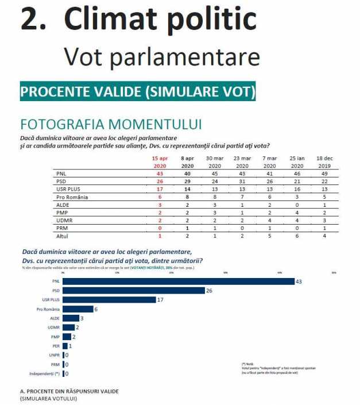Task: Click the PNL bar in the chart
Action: [x=178, y=281]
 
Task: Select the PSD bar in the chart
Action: [x=134, y=291]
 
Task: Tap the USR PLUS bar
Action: [x=109, y=300]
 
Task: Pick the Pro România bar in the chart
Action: [x=78, y=309]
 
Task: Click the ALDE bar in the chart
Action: [x=71, y=318]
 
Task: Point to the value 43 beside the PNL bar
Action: [x=299, y=281]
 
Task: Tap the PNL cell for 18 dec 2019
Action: [x=324, y=172]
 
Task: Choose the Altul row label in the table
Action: [x=61, y=235]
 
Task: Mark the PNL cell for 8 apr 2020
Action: [x=187, y=172]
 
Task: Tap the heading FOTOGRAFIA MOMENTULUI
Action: [x=111, y=125]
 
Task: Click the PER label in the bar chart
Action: [x=56, y=346]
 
